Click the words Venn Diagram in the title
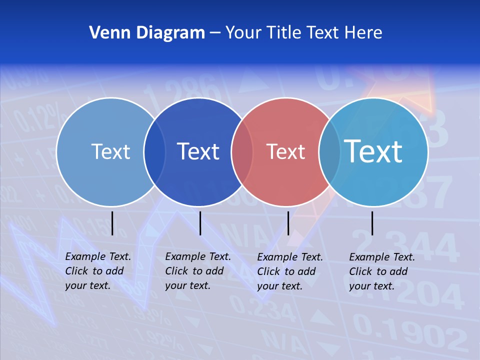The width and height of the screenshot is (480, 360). (147, 33)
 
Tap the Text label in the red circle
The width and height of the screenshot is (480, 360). (285, 152)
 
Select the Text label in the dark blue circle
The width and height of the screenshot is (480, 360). (198, 151)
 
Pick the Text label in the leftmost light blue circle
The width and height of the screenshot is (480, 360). (110, 151)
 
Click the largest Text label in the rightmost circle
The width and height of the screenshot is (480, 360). (373, 151)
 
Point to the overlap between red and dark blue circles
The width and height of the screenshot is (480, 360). (242, 152)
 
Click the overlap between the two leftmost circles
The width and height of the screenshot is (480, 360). (154, 152)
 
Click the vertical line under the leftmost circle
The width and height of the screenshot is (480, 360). (112, 223)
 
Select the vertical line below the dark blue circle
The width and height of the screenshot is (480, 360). (200, 223)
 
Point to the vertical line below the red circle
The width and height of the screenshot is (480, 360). (288, 223)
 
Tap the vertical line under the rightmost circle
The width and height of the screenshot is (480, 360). (372, 223)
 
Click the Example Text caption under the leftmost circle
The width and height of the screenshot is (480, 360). (98, 271)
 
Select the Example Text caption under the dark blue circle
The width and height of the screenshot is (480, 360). (198, 271)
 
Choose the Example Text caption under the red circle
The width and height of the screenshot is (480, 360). (290, 271)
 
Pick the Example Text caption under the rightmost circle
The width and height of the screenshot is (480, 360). (382, 271)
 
